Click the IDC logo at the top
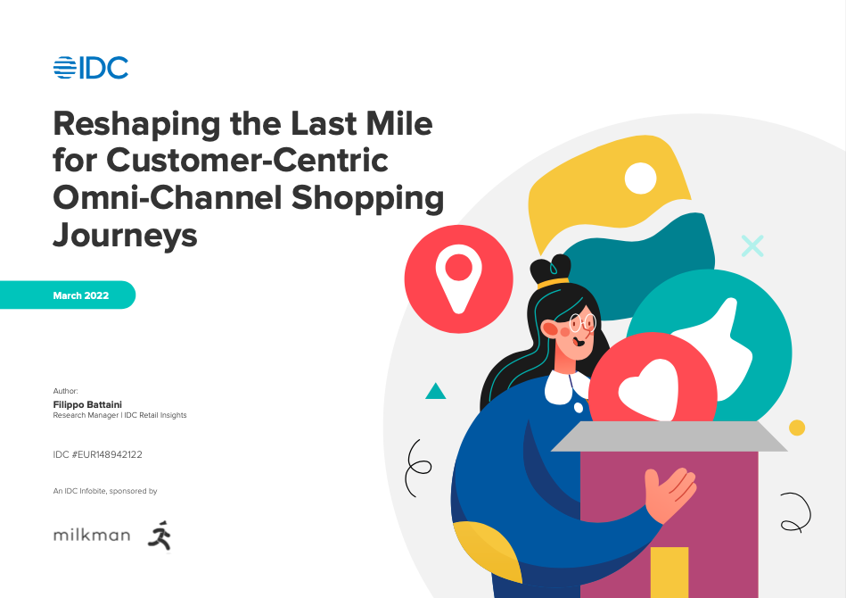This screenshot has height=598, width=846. point(91,68)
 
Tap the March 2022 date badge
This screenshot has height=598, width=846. point(80,295)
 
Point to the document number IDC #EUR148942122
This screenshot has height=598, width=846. point(98,454)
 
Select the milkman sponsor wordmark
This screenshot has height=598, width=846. point(91,536)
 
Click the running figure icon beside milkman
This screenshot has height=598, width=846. point(160,535)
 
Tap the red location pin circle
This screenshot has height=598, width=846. point(458,278)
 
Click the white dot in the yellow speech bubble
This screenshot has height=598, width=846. point(640,178)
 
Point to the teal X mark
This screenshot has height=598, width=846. point(753,245)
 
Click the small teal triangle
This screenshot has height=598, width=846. point(435,391)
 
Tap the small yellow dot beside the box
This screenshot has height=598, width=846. point(797,428)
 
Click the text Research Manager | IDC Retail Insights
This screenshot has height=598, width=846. point(120,415)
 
